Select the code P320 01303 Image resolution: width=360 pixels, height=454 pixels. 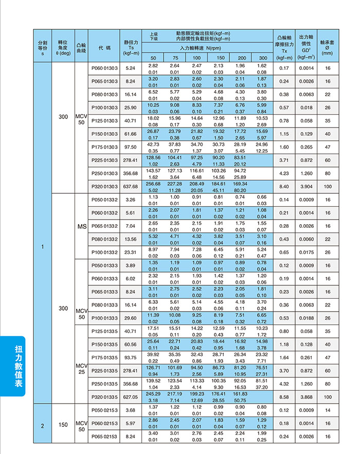[x=104, y=186]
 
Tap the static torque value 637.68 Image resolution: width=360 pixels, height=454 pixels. [x=130, y=186]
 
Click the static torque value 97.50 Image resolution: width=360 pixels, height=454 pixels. [x=130, y=147]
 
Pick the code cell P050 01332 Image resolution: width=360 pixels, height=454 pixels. [x=104, y=199]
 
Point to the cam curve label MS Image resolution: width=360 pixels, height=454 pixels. [x=81, y=226]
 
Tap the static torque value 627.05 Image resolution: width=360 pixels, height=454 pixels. [x=130, y=397]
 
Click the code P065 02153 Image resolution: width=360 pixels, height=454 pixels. [x=104, y=436]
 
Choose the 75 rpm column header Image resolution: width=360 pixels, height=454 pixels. [x=175, y=58]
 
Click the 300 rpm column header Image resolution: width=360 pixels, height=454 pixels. [x=262, y=58]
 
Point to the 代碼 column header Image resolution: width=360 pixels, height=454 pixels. [x=104, y=48]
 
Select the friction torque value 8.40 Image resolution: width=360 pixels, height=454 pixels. [x=284, y=186]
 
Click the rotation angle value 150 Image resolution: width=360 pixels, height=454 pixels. [x=63, y=423]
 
